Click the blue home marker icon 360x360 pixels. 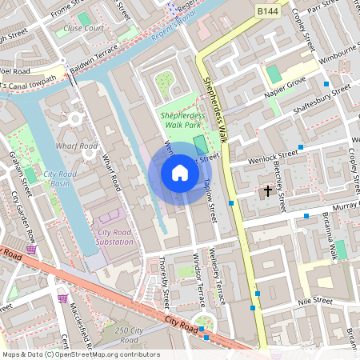[x=180, y=173]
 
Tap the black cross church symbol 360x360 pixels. [x=267, y=190]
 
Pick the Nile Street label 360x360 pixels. [x=314, y=301]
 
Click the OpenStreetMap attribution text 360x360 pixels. [x=80, y=354]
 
